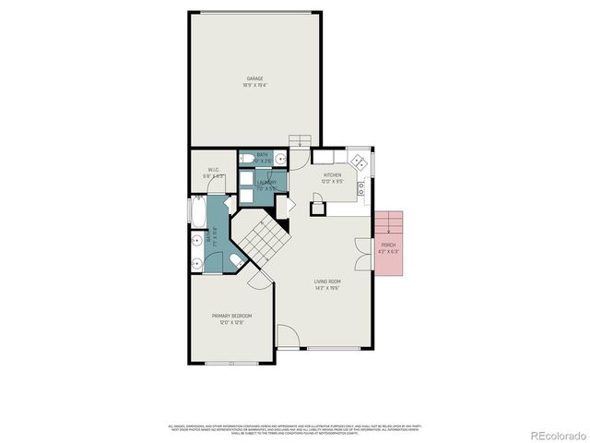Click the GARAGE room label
[254, 78]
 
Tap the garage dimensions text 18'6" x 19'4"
[254, 85]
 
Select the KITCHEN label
[332, 174]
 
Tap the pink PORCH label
[388, 245]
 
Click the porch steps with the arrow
[391, 222]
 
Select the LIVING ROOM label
[327, 281]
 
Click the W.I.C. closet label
[212, 170]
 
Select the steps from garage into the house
[299, 140]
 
